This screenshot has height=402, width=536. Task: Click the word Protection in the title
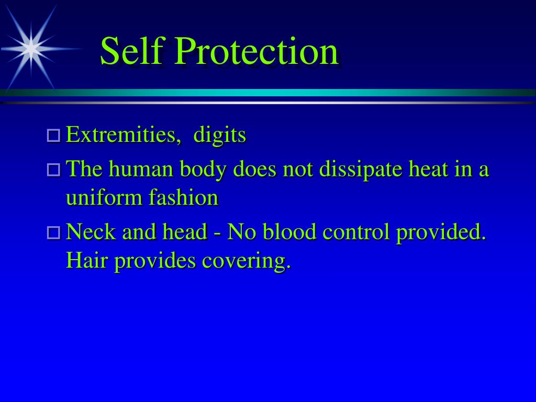pos(256,51)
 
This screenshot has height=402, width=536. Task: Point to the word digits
pos(219,135)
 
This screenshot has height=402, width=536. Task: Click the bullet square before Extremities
pos(53,136)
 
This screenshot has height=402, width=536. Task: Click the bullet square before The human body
pos(53,170)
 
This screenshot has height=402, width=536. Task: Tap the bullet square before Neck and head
pos(53,232)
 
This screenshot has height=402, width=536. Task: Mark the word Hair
pos(86,260)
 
